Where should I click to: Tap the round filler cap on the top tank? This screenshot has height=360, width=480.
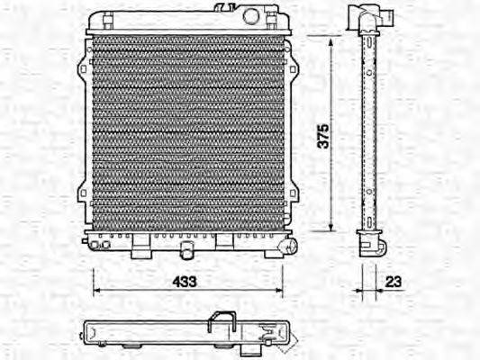[x=251, y=15]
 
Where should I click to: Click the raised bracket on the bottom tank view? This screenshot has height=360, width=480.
[x=221, y=319]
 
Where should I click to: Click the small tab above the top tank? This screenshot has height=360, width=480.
[x=222, y=7]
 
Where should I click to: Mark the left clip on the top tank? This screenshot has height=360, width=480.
[x=106, y=18]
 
